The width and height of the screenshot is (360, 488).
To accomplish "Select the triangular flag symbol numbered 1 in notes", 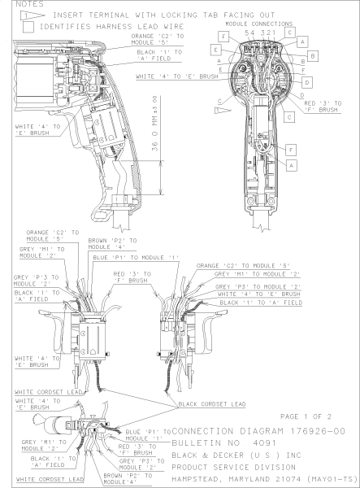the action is [x=33, y=15].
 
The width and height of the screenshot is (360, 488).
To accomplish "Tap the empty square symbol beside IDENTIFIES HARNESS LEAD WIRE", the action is [x=28, y=27].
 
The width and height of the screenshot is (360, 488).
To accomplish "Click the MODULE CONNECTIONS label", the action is [x=259, y=24].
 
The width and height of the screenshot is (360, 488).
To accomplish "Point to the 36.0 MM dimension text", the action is [x=155, y=124].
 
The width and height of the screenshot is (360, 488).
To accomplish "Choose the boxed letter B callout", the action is [x=312, y=56].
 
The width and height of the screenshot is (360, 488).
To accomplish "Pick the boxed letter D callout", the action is [x=307, y=82].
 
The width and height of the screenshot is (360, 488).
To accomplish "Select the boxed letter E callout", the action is [x=215, y=50].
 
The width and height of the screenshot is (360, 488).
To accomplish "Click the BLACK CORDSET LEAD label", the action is [x=212, y=404].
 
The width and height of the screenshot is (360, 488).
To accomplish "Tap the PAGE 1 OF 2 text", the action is [x=306, y=416].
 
